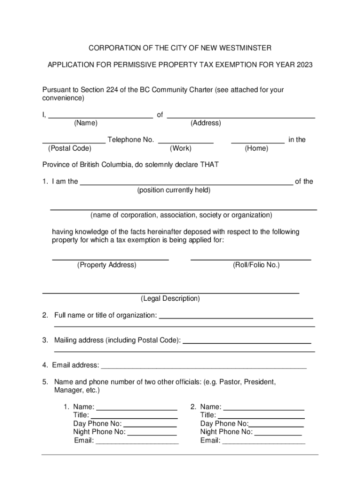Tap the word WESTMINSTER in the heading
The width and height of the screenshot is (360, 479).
click(x=243, y=48)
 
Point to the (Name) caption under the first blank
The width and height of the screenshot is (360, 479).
click(x=86, y=123)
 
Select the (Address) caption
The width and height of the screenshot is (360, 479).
click(x=206, y=123)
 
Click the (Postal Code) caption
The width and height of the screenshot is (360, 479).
click(x=70, y=148)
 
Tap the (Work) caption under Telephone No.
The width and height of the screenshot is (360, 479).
click(x=180, y=148)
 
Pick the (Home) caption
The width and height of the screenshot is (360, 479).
click(x=257, y=148)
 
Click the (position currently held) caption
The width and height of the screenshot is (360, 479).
click(x=173, y=190)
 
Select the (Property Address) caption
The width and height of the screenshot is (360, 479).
click(x=107, y=265)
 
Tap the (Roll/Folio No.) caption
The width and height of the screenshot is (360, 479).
click(x=256, y=265)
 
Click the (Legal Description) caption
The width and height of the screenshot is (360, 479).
click(x=170, y=298)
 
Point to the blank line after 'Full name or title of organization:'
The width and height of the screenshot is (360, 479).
click(x=236, y=318)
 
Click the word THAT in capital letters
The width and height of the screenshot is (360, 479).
click(x=209, y=165)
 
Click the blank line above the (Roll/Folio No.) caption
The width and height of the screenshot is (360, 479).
click(x=251, y=259)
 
